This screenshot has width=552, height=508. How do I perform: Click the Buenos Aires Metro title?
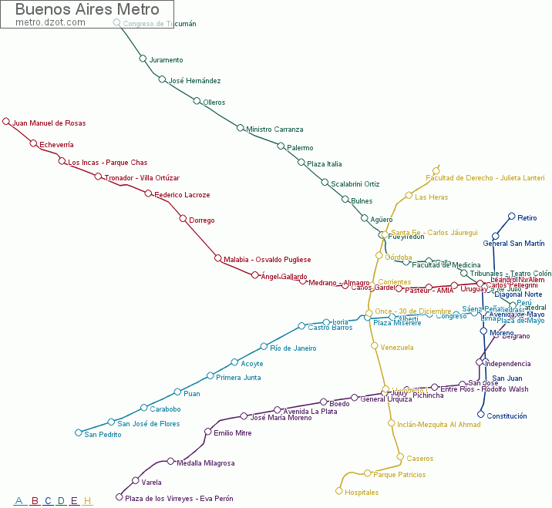87,10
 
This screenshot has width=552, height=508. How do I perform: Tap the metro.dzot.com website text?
50,22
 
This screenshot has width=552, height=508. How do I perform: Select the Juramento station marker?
143,59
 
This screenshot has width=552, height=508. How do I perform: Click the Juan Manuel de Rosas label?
49,123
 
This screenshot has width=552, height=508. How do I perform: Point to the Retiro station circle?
511,217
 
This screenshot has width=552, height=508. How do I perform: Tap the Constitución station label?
507,416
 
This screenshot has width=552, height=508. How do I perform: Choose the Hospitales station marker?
338,491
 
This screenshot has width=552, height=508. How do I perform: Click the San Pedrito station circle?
78,433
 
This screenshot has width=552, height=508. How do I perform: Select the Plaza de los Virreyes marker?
119,497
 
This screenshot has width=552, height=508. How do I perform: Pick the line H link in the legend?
87,501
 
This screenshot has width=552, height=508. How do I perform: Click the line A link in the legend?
19,501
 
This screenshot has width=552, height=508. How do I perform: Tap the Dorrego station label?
201,220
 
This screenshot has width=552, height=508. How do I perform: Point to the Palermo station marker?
281,146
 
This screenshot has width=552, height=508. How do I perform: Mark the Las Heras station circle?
409,196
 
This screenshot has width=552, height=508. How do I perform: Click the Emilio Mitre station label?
232,433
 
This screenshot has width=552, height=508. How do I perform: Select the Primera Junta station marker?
210,376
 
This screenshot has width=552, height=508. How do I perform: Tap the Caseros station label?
419,459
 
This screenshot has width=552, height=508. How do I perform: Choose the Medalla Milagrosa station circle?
170,461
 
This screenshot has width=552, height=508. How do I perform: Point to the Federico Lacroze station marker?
148,193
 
